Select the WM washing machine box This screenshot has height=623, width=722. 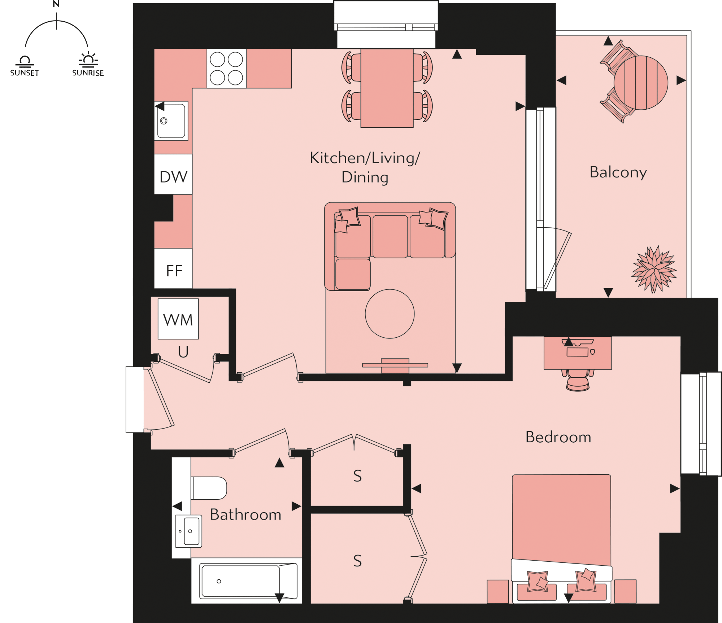tap(178, 319)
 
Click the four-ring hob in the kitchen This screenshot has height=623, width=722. tap(226, 69)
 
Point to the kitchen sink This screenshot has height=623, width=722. tap(171, 120)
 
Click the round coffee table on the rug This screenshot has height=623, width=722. tap(390, 314)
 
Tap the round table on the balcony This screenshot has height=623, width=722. tap(641, 83)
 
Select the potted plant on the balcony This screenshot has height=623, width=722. tap(654, 269)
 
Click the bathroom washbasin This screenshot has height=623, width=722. tap(189, 531)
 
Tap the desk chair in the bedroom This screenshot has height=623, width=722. tap(578, 381)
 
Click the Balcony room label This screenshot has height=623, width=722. tap(618, 172)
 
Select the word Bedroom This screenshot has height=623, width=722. tap(558, 437)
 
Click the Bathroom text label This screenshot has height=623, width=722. tap(245, 514)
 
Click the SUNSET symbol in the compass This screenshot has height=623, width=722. tap(25, 65)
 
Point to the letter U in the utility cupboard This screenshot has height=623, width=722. tap(183, 352)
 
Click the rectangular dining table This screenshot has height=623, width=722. tap(387, 88)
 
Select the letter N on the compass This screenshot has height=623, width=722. tap(56, 4)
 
